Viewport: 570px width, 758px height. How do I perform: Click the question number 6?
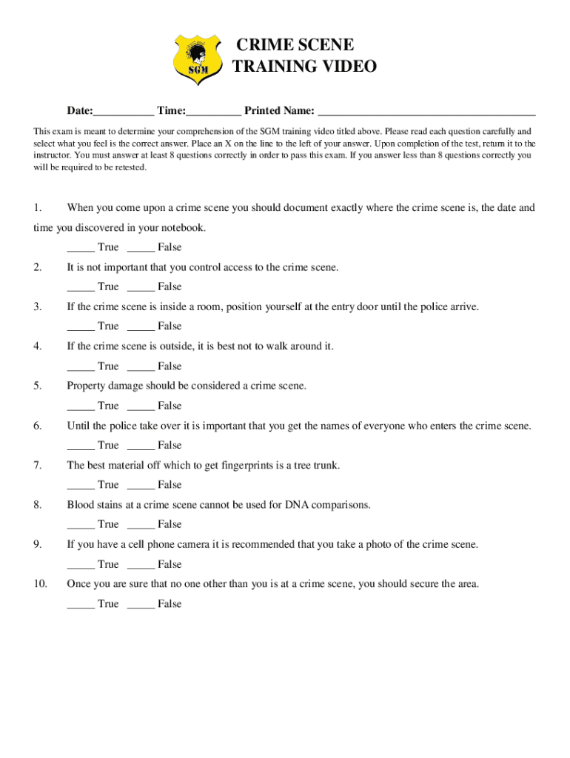tap(37, 426)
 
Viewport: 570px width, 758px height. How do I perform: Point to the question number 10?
tap(40, 584)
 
